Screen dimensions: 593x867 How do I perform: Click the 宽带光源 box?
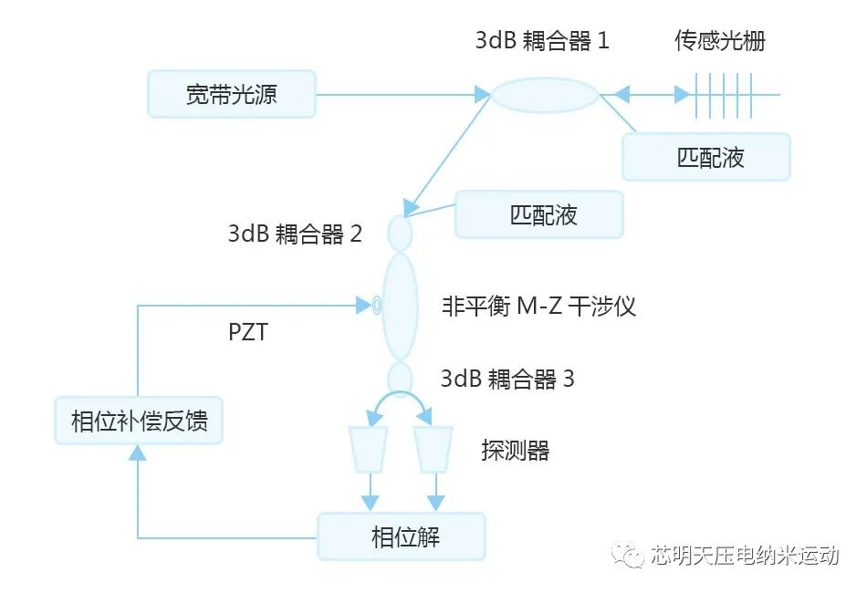point(232,94)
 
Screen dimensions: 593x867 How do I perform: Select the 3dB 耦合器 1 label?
point(542,41)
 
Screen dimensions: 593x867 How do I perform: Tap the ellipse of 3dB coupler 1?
point(546,95)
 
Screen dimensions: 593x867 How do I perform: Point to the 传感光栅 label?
point(720,41)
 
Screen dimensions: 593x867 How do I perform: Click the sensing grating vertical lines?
point(721,95)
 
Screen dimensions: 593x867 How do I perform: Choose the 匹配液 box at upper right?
point(705,157)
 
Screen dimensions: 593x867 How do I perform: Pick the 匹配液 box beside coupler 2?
point(538,214)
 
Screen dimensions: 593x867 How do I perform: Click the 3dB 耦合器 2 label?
point(295,234)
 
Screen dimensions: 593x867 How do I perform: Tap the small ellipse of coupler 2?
point(401,232)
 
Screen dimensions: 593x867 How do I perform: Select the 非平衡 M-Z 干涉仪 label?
point(538,307)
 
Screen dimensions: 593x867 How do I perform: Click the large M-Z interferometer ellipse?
point(400,306)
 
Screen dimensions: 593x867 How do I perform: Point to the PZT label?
point(247,332)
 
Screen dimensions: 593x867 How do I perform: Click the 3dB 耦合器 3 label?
point(507,379)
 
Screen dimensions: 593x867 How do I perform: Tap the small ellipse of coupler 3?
point(400,377)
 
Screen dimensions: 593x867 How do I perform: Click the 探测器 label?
point(516,450)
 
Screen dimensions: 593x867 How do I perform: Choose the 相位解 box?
point(401,536)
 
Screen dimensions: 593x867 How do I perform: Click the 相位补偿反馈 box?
point(139,421)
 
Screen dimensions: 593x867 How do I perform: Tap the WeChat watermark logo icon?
point(628,555)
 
